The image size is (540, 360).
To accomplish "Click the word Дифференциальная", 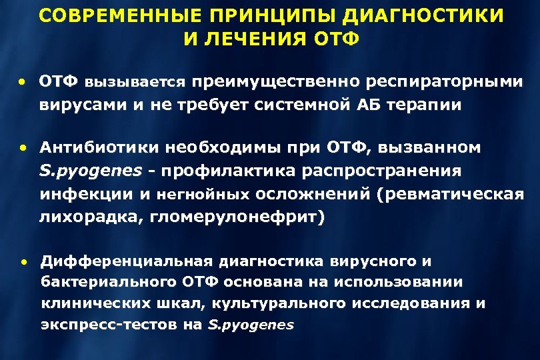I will tap(127, 260).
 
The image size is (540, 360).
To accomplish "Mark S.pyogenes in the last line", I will tap(251, 325).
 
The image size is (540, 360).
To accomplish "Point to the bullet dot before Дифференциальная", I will tap(22, 261).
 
